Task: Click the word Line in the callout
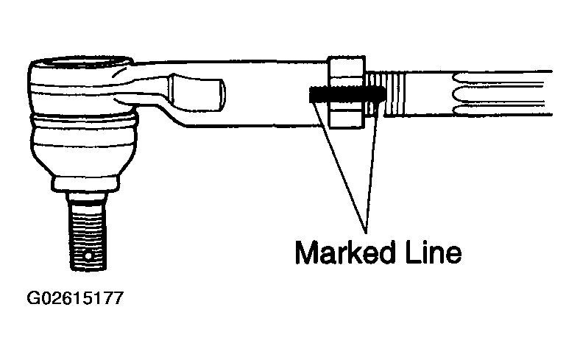(x=432, y=253)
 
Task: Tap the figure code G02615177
(x=75, y=298)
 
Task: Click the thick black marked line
(x=347, y=95)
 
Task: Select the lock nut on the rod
(x=346, y=92)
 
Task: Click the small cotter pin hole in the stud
(x=88, y=256)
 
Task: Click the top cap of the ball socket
(x=81, y=64)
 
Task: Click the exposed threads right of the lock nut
(x=386, y=93)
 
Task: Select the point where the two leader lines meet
(x=367, y=233)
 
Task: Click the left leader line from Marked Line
(x=339, y=167)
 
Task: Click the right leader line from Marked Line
(x=372, y=167)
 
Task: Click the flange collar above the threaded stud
(x=86, y=184)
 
